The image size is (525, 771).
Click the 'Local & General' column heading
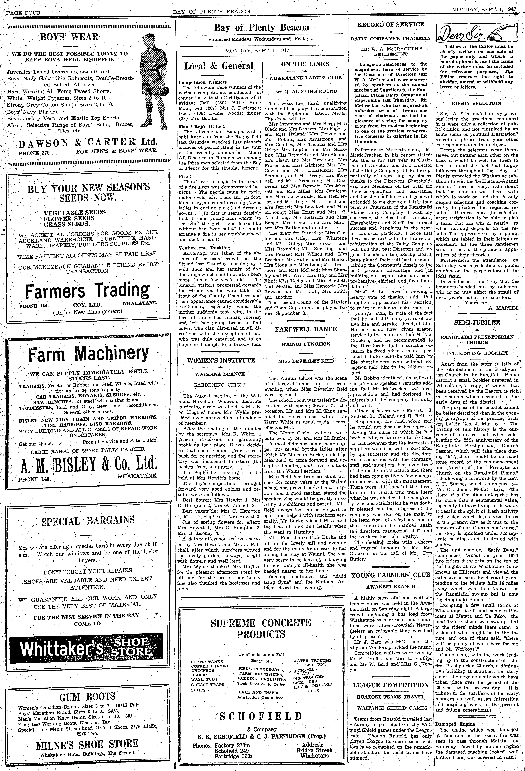[x=219, y=66]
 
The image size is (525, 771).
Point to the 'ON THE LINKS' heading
[x=305, y=64]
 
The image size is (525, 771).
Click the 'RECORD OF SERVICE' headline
[x=390, y=24]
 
